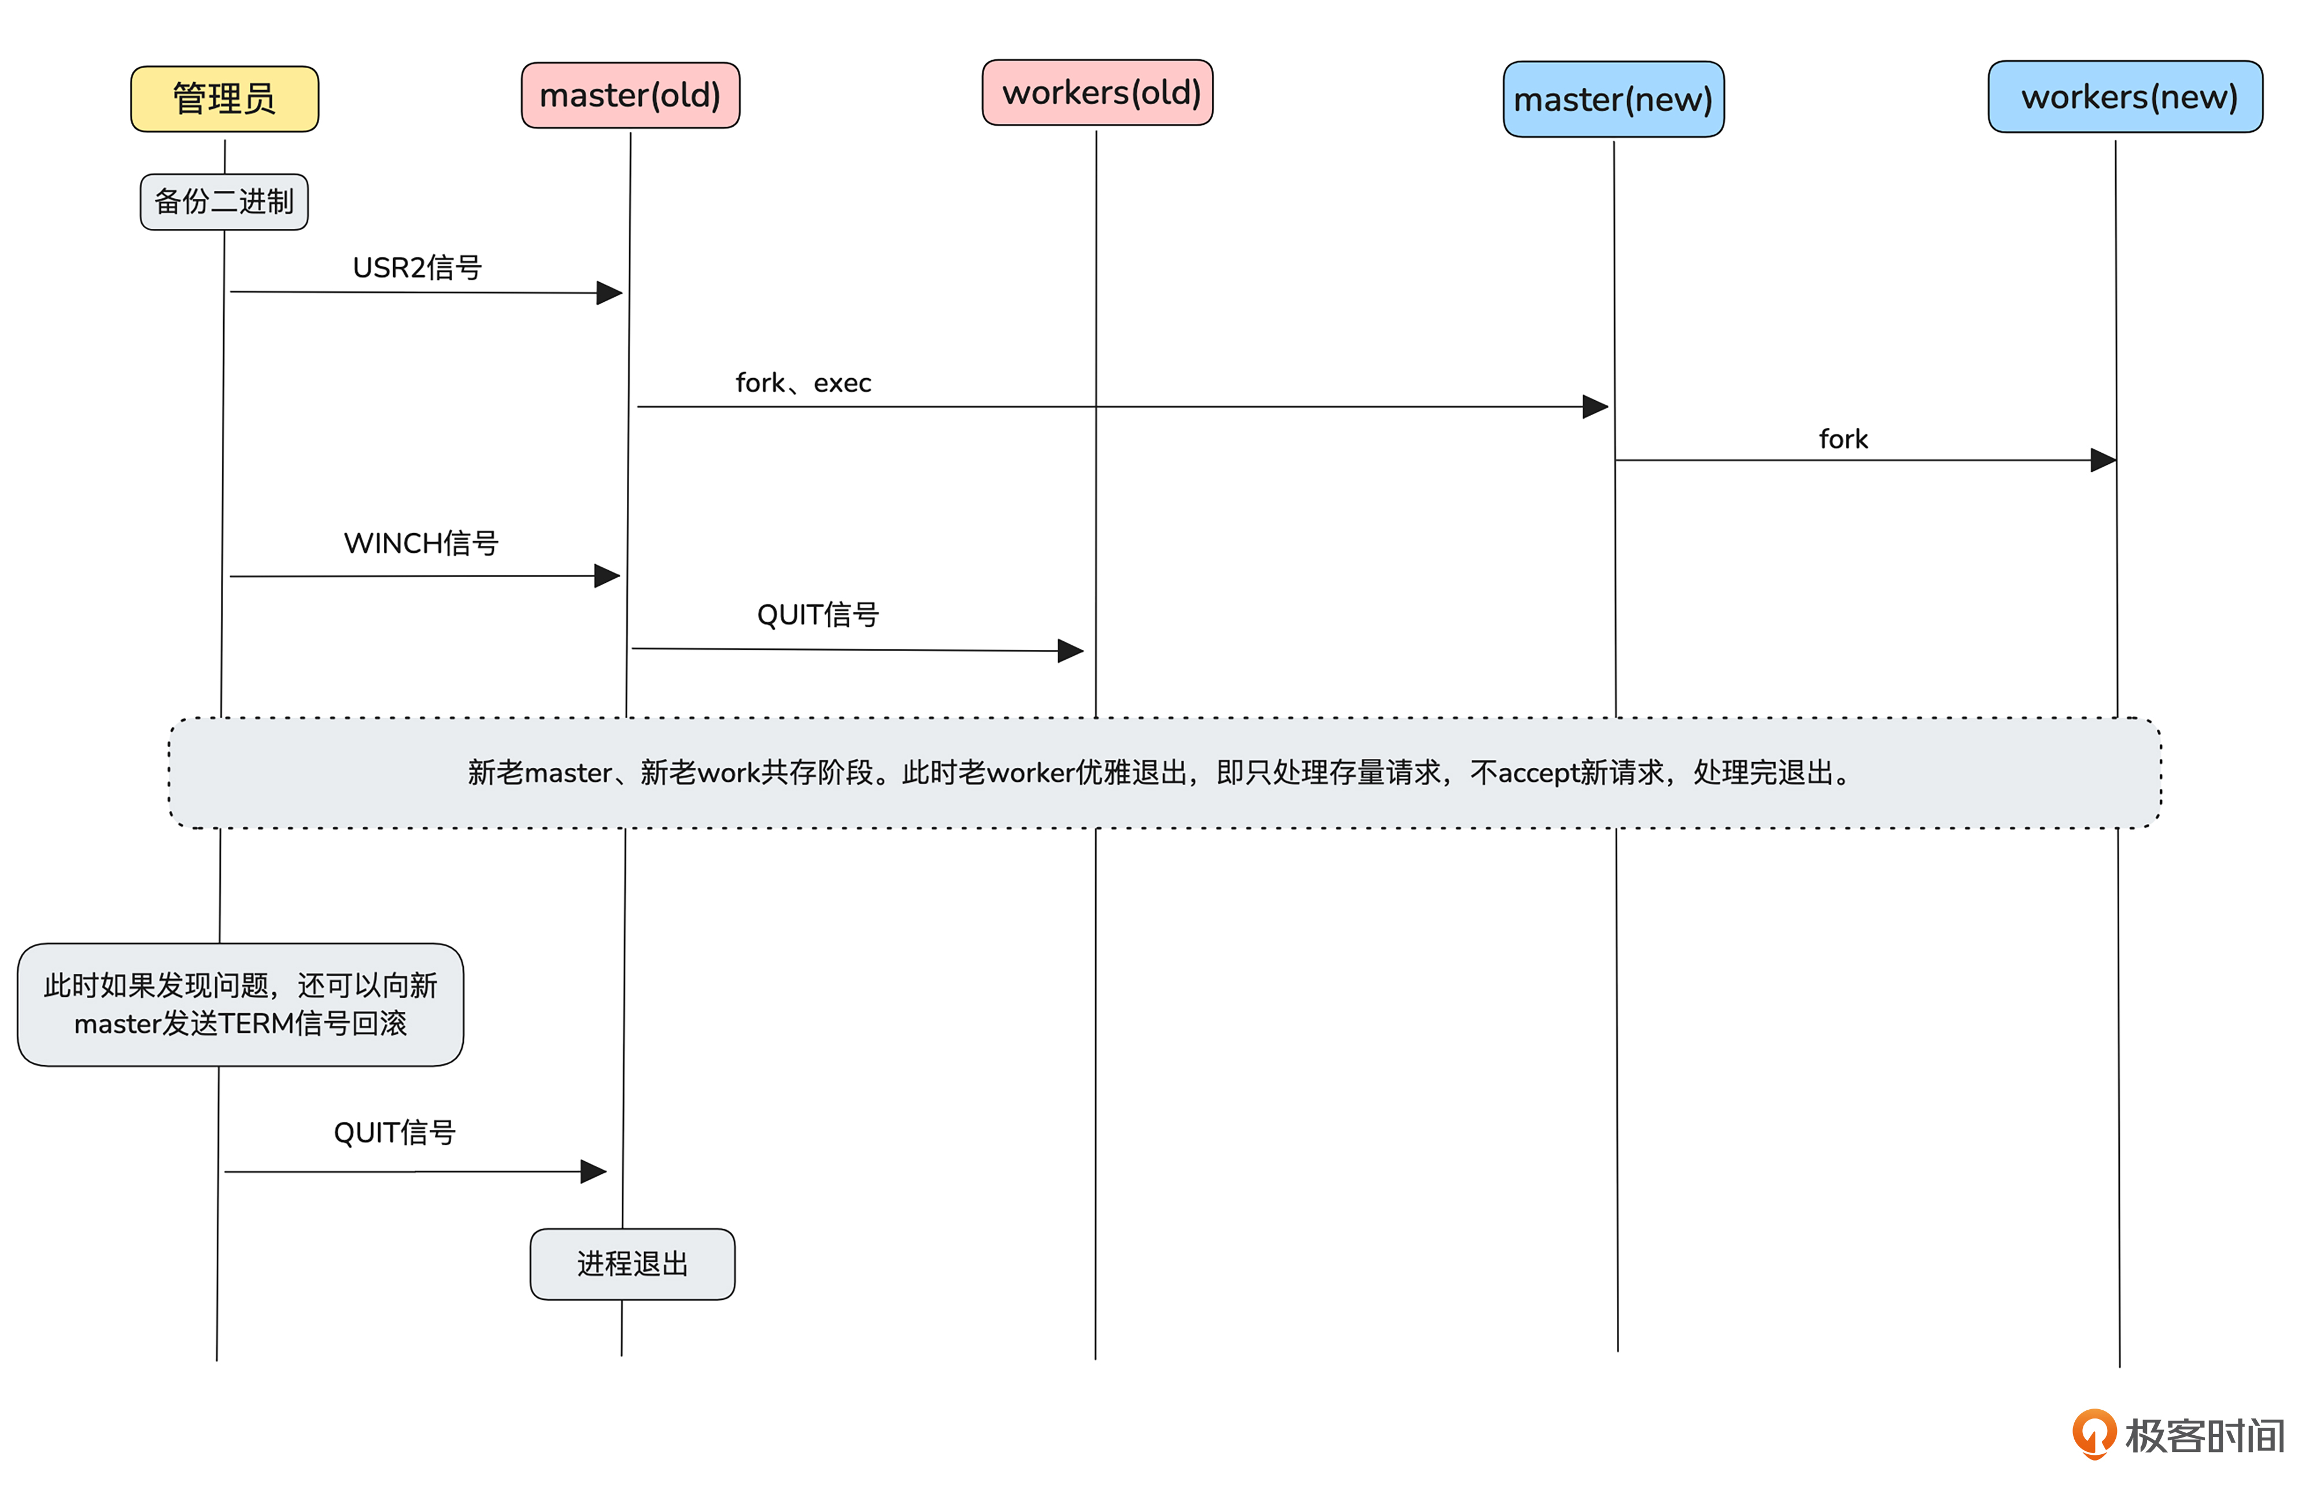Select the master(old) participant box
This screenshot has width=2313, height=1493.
630,95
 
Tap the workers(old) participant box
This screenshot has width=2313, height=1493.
1098,93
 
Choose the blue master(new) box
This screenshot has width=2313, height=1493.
1613,99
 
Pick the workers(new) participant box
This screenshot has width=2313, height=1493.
2125,97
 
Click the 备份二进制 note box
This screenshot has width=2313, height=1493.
224,202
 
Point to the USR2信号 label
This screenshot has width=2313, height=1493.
417,268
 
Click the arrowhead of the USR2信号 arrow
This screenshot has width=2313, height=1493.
609,293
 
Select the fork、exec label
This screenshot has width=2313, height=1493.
803,383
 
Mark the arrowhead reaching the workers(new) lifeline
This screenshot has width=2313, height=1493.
2104,460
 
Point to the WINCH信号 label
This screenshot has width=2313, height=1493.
421,543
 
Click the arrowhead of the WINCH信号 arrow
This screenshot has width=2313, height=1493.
608,576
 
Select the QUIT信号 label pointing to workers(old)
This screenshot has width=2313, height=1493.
817,615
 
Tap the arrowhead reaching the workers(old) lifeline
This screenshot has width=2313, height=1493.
1070,651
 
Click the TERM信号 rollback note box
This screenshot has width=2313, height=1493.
241,1004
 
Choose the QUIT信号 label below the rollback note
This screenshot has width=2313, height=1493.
394,1132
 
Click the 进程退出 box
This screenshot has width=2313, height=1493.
632,1263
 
